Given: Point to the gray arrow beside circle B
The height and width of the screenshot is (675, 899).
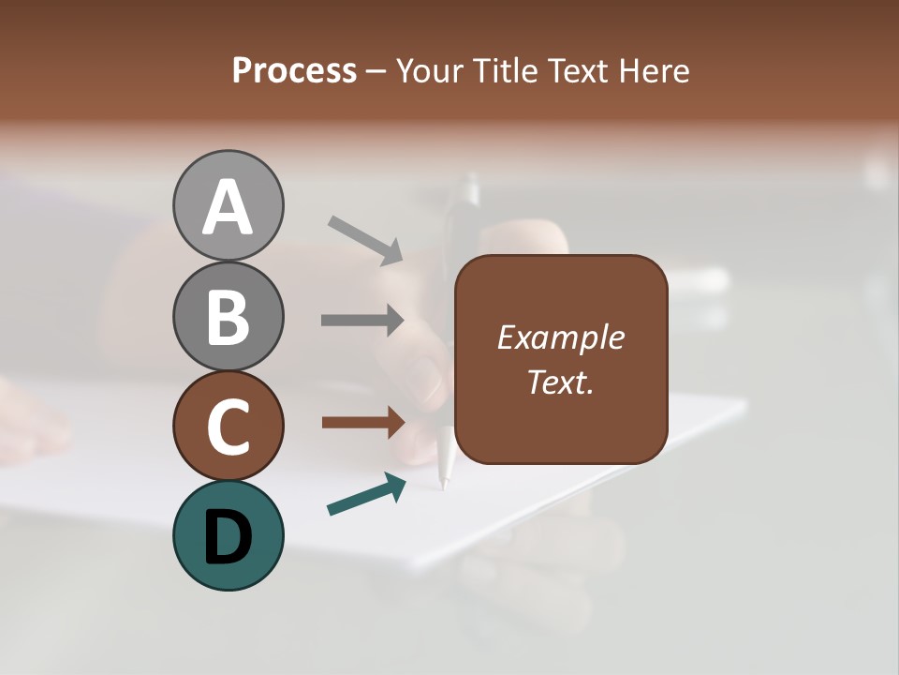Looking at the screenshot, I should pyautogui.click(x=362, y=320).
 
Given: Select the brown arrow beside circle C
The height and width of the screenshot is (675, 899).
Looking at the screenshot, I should pyautogui.click(x=363, y=423).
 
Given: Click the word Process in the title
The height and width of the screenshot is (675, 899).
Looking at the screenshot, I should pyautogui.click(x=294, y=70).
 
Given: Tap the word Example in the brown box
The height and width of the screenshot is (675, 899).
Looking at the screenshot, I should pyautogui.click(x=560, y=337).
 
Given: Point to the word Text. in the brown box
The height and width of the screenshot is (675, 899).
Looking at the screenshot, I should pyautogui.click(x=560, y=382).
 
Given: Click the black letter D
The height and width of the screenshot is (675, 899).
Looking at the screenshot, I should pyautogui.click(x=228, y=537).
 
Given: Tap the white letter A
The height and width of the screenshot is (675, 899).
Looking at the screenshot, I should pyautogui.click(x=228, y=207).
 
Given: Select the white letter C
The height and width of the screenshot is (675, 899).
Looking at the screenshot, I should pyautogui.click(x=228, y=427).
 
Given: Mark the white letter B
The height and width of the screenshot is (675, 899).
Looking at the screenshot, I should pyautogui.click(x=228, y=317).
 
